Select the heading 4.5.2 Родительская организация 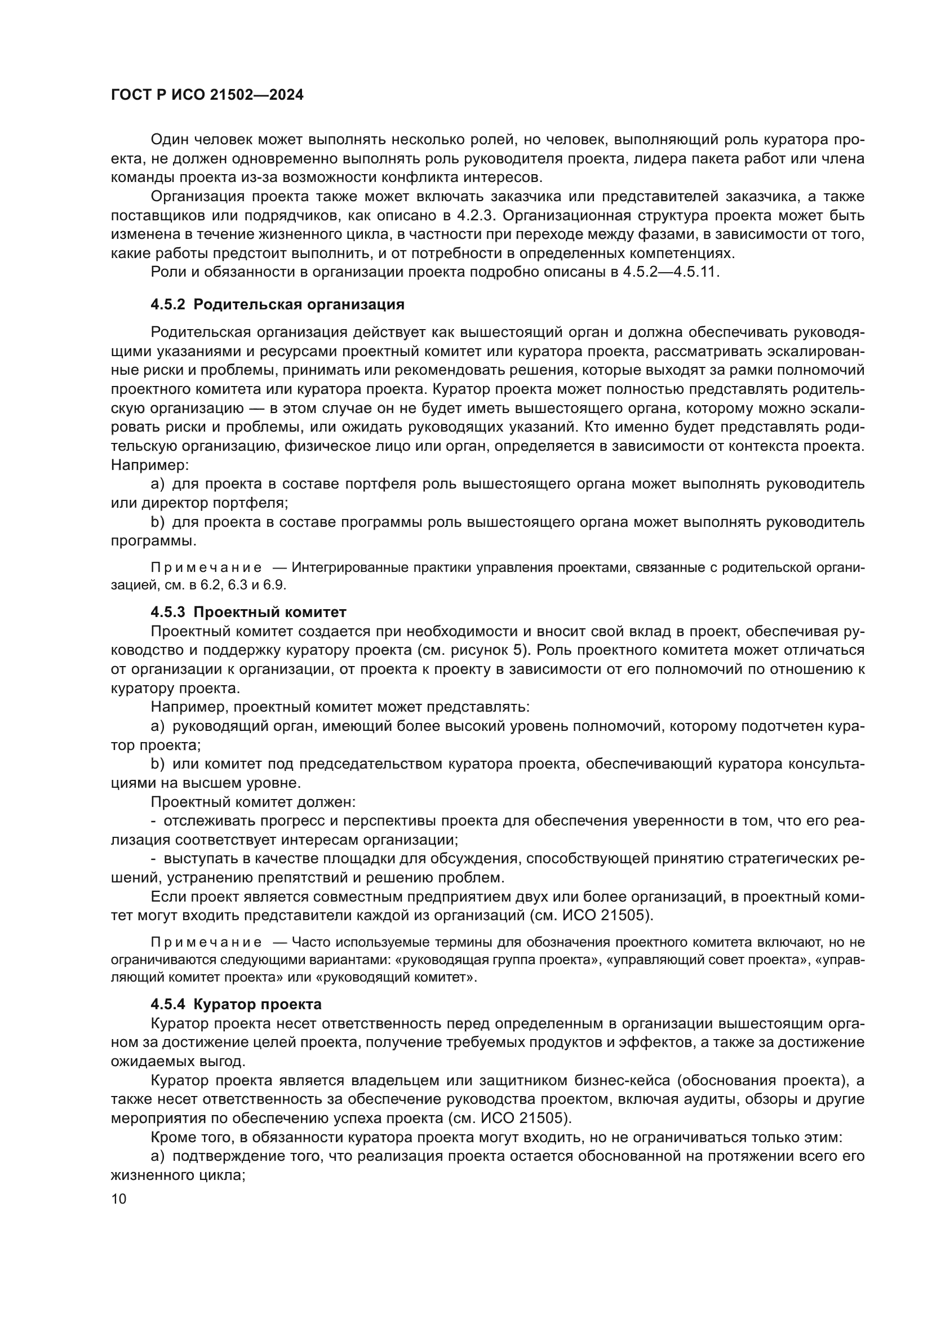pos(277,305)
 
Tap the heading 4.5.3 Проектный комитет pos(248,612)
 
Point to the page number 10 pos(118,1199)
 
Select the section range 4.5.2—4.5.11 pos(670,272)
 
